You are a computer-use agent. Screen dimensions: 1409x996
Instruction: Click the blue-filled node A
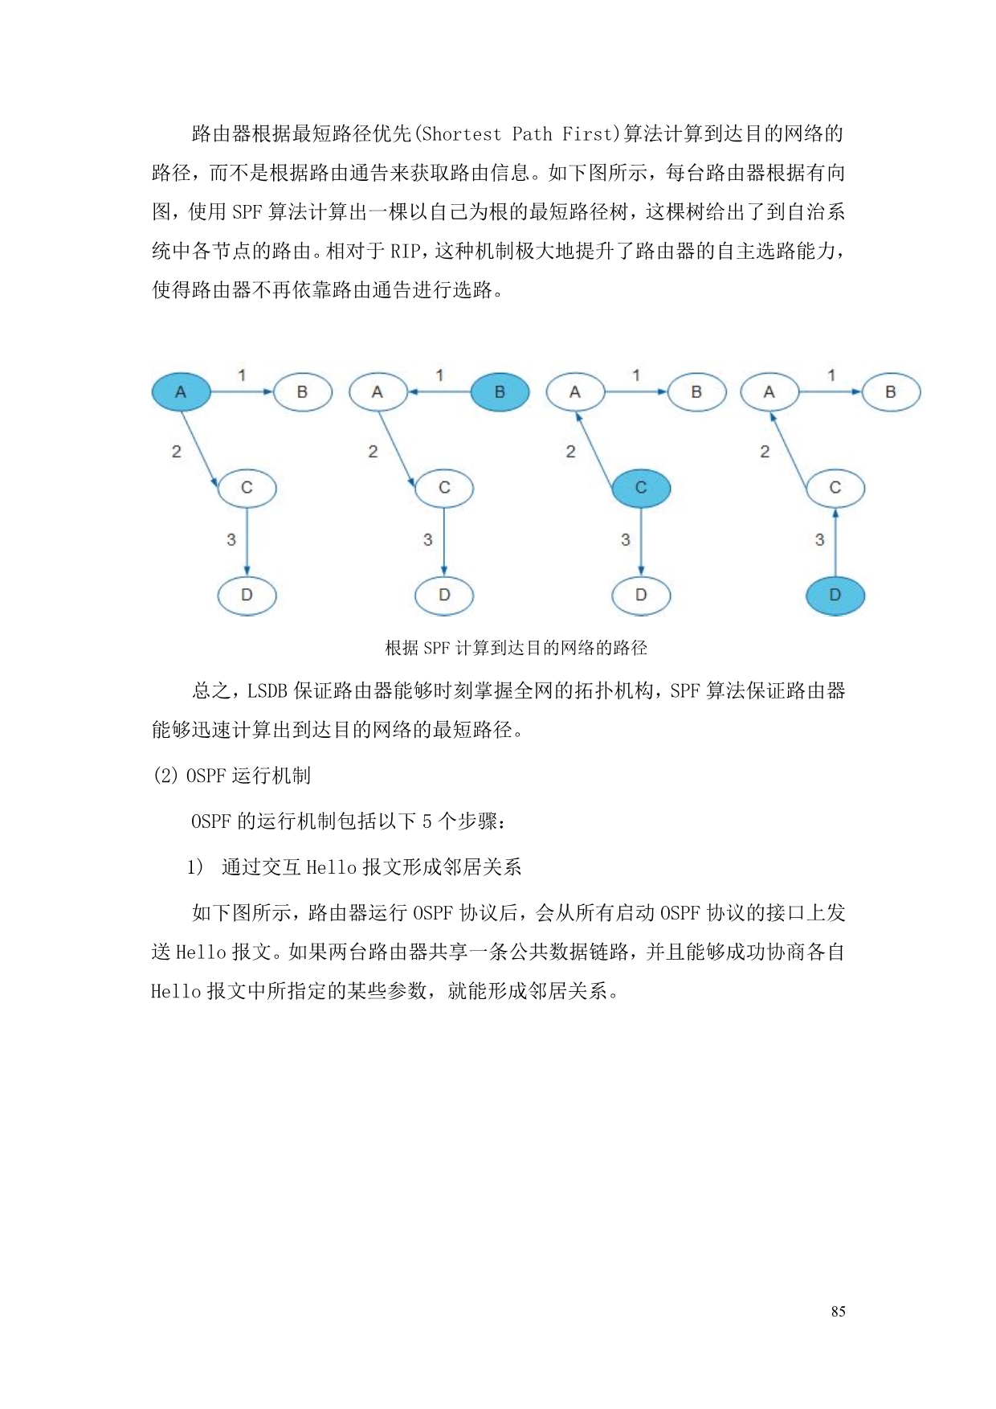coord(181,392)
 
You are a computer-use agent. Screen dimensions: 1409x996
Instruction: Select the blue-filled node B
coord(500,392)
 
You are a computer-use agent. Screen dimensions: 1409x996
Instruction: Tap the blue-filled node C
coord(641,488)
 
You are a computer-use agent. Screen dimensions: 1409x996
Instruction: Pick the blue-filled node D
coord(835,596)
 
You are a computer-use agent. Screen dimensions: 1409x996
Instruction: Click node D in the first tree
coord(247,596)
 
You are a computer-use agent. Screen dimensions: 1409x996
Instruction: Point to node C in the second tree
coord(444,488)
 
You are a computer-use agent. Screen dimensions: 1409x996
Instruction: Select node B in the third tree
coord(696,392)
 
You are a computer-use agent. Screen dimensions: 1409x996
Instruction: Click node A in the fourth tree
coord(769,392)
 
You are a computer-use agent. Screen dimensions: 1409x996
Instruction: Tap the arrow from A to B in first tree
coord(242,392)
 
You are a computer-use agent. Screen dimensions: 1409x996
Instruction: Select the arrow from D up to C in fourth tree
coord(835,542)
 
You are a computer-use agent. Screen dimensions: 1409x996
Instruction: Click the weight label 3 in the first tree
coord(231,539)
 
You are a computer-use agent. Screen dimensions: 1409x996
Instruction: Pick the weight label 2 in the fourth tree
coord(765,452)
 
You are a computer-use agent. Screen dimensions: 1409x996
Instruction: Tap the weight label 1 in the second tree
coord(439,375)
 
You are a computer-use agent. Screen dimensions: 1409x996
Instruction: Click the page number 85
coord(838,1311)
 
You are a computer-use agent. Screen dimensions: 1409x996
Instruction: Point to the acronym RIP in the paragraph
coord(406,251)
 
